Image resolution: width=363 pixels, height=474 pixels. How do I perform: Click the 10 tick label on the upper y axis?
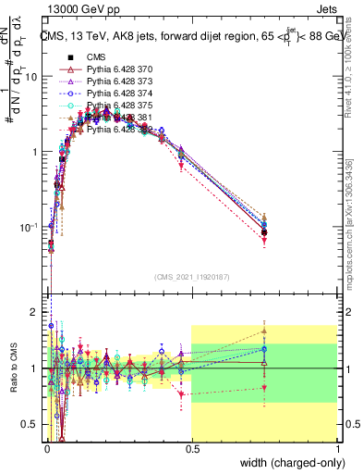pyautogui.click(x=32, y=77)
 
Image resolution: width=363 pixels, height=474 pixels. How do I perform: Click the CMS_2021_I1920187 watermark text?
pyautogui.click(x=191, y=277)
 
